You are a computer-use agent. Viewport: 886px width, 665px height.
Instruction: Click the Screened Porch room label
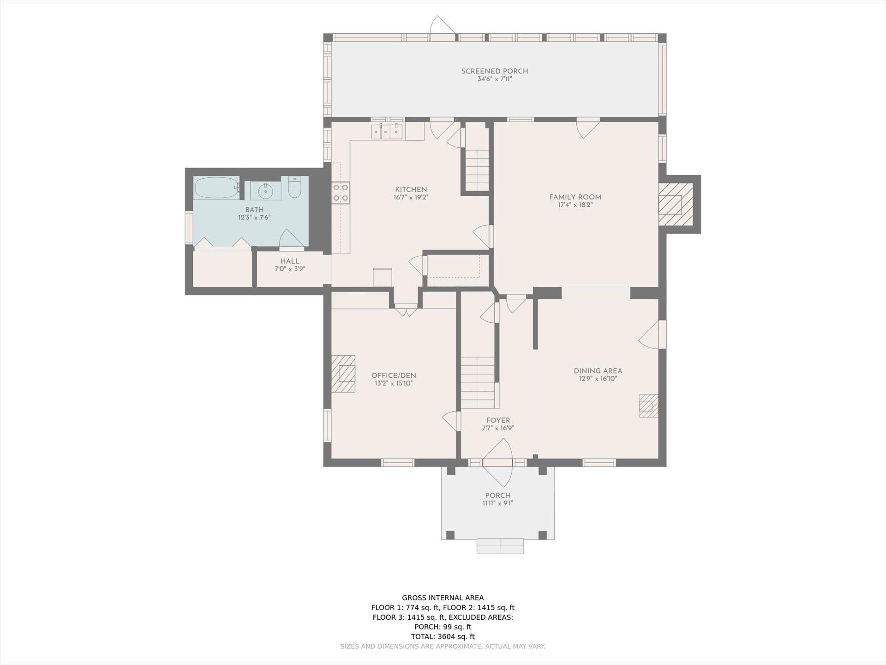(x=495, y=71)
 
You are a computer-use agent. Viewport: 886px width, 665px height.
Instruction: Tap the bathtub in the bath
(x=216, y=188)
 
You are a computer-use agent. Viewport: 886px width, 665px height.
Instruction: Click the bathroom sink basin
(x=266, y=190)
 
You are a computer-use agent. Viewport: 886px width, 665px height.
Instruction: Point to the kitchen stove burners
(x=341, y=193)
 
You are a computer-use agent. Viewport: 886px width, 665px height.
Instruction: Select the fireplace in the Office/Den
(x=343, y=373)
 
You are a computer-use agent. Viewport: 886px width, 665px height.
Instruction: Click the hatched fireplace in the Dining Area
(x=648, y=406)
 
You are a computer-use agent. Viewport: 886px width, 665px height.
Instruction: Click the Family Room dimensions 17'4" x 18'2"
(x=575, y=205)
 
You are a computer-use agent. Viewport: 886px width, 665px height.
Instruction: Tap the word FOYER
(x=498, y=420)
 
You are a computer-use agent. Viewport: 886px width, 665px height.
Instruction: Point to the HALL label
(x=290, y=261)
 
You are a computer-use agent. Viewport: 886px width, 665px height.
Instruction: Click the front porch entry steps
(x=500, y=545)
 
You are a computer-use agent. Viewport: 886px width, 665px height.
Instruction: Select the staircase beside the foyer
(x=478, y=382)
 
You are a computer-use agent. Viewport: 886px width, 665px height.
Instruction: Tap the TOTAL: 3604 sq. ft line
(x=443, y=636)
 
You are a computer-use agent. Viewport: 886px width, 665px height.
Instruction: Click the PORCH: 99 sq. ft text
(x=443, y=627)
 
